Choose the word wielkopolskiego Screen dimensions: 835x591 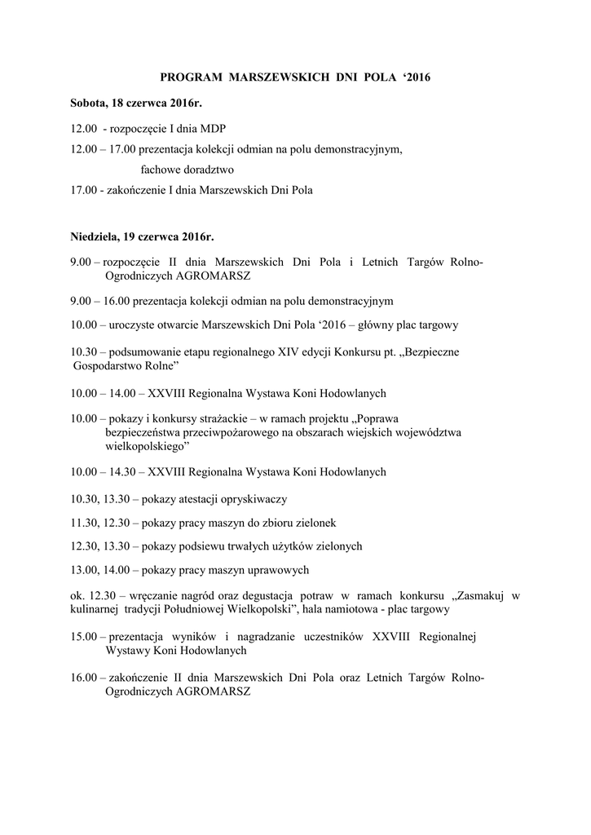143,448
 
